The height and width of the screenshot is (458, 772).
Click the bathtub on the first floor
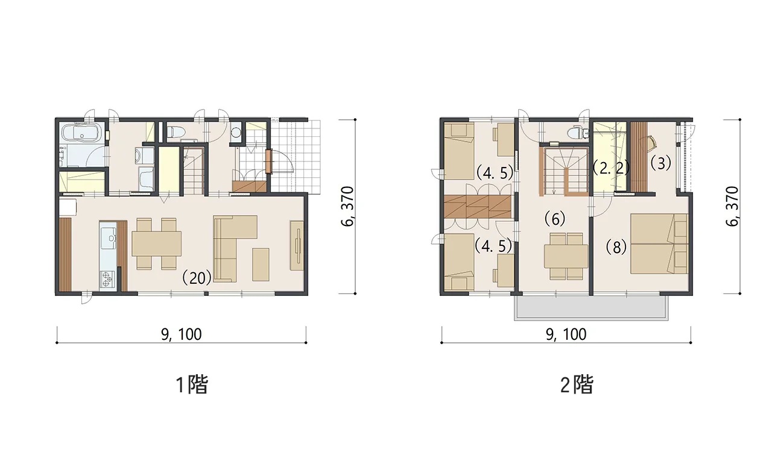point(81,133)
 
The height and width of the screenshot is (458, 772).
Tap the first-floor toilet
point(176,131)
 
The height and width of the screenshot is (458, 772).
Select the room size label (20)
point(197,278)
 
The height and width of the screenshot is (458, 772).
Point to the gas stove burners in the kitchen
point(107,279)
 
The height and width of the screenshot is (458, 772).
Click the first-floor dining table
point(156,243)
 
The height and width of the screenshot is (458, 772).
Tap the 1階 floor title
point(192,384)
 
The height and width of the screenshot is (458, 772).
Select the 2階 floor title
point(577,384)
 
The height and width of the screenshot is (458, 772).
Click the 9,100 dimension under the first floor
point(182,334)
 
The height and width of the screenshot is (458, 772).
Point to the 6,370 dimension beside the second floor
point(732,206)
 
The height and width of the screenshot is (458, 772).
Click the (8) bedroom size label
point(616,247)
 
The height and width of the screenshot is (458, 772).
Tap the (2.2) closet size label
point(611,168)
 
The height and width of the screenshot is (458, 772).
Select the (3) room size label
point(660,163)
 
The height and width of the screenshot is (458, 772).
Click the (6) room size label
point(555,218)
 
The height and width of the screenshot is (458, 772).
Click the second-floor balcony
point(591,307)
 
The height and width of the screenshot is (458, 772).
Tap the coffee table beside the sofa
point(261,265)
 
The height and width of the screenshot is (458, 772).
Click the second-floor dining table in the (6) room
point(566,256)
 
